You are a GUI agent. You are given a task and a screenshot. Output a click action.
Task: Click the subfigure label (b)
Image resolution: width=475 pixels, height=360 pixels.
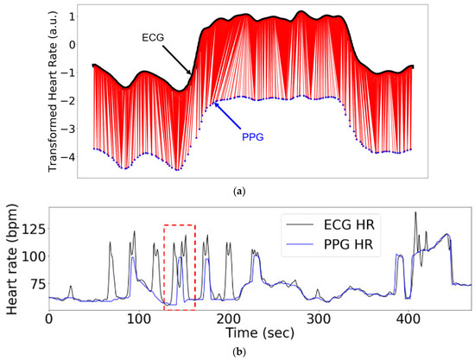[237, 352]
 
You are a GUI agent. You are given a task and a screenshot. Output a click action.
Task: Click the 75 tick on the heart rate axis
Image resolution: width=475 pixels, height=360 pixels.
[33, 285]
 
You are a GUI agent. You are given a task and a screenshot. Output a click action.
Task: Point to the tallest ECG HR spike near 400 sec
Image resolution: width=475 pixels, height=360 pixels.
[416, 213]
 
